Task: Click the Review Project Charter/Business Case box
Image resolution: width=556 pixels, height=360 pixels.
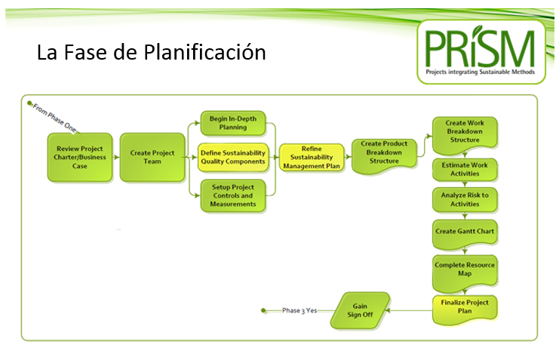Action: [80, 157]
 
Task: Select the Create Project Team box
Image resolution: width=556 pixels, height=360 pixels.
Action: [152, 157]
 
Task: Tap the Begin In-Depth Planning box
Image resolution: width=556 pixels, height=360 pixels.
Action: [233, 123]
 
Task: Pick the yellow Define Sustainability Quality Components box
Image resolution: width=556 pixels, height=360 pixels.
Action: [233, 157]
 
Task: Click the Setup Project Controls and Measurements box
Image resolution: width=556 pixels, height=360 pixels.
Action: [233, 195]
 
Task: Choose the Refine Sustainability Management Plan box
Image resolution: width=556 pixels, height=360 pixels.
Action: [312, 157]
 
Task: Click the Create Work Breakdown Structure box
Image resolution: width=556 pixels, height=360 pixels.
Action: [465, 134]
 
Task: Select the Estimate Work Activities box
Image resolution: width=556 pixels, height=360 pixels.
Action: [465, 169]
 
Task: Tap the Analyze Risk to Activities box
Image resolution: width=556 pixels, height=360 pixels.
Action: [465, 199]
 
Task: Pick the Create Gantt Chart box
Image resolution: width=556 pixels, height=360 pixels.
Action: [465, 232]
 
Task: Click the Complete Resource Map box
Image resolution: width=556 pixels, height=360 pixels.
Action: [465, 272]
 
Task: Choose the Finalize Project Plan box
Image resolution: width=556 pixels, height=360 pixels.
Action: [465, 309]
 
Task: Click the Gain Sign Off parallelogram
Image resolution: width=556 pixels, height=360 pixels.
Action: [360, 310]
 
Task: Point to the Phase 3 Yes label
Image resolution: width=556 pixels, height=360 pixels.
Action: [300, 310]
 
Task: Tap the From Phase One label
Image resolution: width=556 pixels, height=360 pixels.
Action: [54, 118]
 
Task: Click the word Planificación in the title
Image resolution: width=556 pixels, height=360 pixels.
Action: [205, 52]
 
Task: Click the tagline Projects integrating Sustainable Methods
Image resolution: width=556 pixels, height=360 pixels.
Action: [481, 72]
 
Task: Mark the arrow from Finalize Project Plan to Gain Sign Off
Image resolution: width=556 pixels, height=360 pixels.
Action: [409, 310]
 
